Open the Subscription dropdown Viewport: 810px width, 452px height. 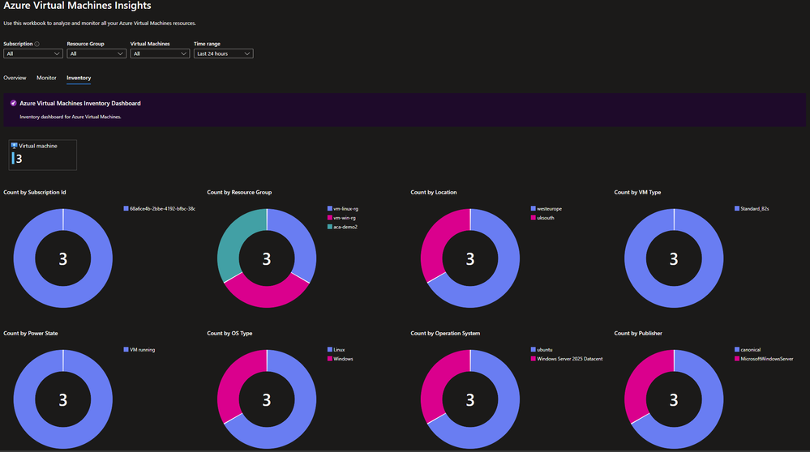[x=32, y=53]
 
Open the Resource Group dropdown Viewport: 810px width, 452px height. [x=96, y=53]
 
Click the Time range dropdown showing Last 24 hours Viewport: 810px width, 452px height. [x=223, y=53]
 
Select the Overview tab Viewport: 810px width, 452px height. [x=15, y=78]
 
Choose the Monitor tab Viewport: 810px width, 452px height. [x=46, y=78]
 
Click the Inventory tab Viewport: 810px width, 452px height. [x=79, y=78]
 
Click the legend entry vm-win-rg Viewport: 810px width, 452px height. [x=345, y=218]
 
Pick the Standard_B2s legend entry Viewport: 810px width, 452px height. [x=753, y=208]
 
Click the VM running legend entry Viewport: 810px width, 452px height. [x=142, y=350]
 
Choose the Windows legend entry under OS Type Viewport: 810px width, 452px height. [x=343, y=359]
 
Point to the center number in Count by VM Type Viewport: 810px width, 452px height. [x=674, y=259]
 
